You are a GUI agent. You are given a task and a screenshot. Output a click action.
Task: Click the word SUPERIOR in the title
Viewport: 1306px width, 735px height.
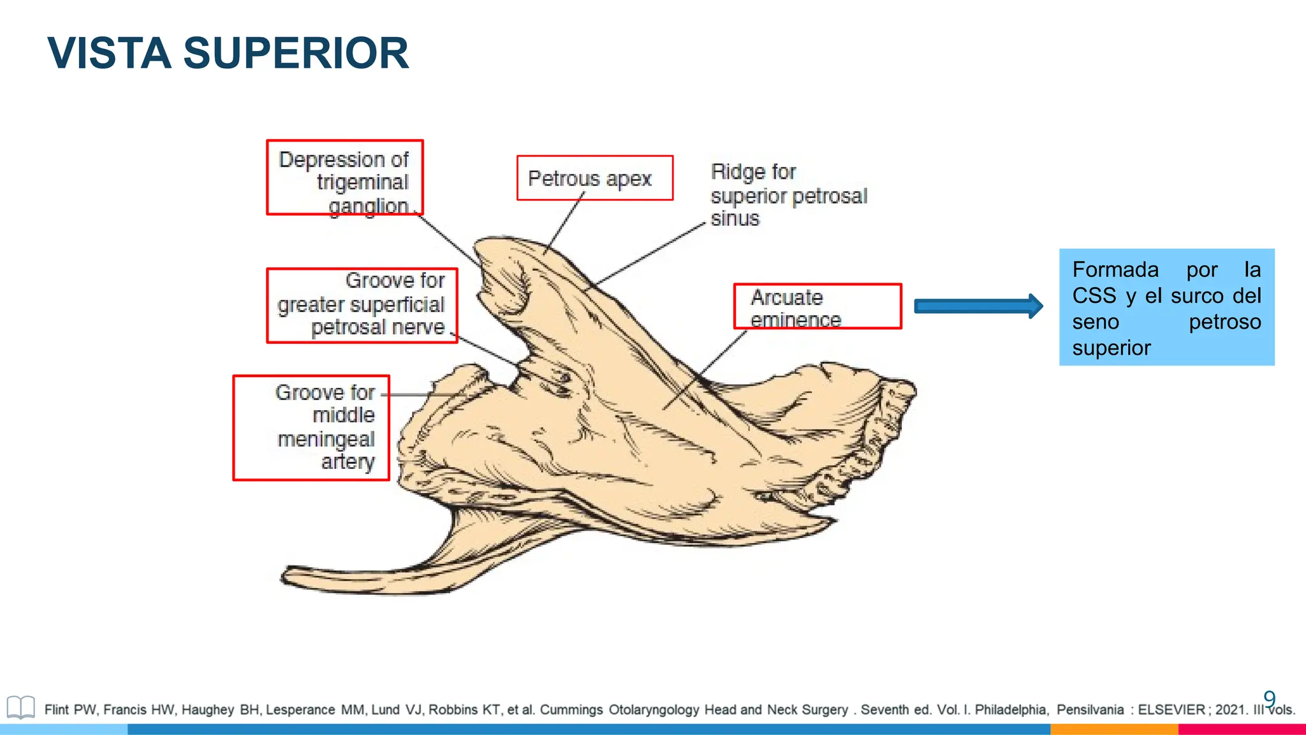tap(296, 54)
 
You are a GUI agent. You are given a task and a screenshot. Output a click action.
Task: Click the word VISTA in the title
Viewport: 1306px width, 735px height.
tap(109, 54)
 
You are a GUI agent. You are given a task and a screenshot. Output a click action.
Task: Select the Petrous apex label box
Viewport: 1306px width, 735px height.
tap(594, 178)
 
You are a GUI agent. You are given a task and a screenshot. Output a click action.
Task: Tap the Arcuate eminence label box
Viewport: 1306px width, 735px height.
tap(817, 307)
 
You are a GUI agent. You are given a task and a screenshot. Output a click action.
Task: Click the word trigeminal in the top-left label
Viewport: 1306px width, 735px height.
tap(362, 182)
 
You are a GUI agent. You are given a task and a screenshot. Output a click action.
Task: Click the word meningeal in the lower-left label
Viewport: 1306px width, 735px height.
tap(326, 439)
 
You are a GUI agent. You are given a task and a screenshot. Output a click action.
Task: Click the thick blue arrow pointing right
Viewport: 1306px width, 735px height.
tap(978, 307)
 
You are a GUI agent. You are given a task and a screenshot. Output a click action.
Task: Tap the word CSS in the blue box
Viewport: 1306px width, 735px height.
tap(1094, 296)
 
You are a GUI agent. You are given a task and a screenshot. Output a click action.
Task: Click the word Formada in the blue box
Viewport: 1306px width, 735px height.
tap(1115, 270)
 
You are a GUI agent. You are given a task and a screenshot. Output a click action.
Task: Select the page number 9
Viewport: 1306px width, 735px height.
tap(1269, 699)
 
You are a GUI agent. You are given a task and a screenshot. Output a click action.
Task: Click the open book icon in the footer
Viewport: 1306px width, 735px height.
tap(20, 708)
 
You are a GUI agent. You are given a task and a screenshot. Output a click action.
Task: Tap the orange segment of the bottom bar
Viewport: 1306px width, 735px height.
tap(1113, 729)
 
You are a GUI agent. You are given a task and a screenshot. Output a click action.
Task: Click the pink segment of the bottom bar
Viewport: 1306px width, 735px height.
tap(1241, 729)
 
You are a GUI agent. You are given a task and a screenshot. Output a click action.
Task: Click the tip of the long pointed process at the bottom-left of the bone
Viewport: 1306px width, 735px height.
tap(285, 576)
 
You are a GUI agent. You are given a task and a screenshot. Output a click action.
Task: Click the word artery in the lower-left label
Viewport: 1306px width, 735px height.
tap(348, 461)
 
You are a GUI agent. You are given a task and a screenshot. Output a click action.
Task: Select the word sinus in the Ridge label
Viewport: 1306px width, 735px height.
tap(735, 219)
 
